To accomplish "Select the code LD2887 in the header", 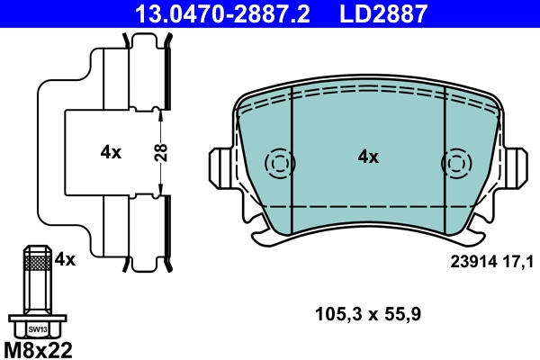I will coord(382,13).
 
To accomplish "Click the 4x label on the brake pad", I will coord(368,157).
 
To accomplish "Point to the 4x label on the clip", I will coord(110,152).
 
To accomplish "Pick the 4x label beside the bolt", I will coord(65,259).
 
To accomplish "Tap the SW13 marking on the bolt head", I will coord(37,329).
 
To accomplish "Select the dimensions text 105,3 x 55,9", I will coord(368,314).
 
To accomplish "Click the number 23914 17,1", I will coord(491,261).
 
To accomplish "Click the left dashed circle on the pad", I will coord(280,164).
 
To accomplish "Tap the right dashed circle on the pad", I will coord(456,164).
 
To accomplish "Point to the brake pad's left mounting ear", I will coord(223,166).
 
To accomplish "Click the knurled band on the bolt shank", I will coord(37,263).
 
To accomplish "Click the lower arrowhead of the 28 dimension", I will coord(160,192).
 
